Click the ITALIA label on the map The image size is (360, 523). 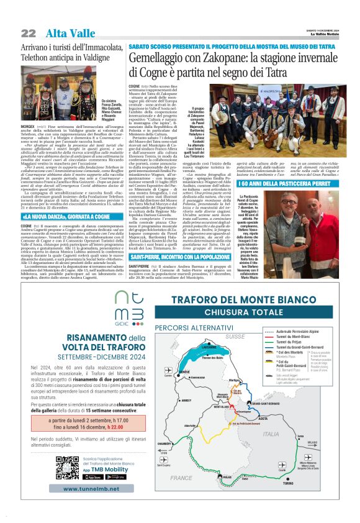[271, 434]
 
